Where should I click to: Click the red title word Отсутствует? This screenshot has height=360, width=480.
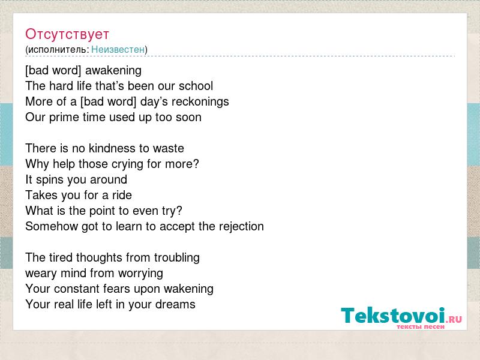tap(67, 34)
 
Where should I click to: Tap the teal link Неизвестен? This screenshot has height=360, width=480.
tap(118, 49)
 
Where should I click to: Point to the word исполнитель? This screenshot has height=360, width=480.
tap(58, 50)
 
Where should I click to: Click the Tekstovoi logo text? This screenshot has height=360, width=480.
tap(393, 315)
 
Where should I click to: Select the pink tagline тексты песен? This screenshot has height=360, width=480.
tap(421, 326)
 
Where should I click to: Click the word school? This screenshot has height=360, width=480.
tap(196, 86)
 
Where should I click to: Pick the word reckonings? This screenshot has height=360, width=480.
tap(200, 102)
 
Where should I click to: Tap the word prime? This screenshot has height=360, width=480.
tap(64, 118)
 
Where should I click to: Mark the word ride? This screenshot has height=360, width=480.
tap(122, 196)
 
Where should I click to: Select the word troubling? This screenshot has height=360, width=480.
tap(177, 258)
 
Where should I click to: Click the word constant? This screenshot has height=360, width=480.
tap(77, 289)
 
